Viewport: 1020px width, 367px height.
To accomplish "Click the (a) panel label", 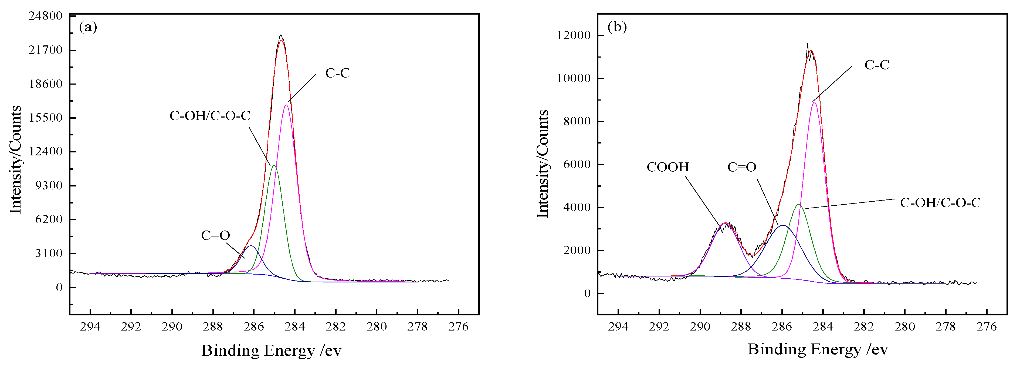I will click(x=88, y=27).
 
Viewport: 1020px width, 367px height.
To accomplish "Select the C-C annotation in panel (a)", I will click(x=337, y=73).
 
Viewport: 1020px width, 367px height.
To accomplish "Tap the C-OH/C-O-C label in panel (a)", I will click(x=210, y=116).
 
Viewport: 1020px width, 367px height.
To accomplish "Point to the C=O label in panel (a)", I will click(x=215, y=235).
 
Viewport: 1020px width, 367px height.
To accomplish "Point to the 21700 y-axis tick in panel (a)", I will click(x=46, y=50).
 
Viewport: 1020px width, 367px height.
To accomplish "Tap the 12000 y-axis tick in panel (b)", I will click(x=574, y=35).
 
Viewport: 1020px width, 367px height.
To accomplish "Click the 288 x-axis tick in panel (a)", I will click(x=213, y=326).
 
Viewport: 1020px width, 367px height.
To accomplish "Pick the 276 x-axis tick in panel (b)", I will click(x=986, y=326).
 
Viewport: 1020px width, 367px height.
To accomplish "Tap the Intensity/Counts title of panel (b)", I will click(x=543, y=164).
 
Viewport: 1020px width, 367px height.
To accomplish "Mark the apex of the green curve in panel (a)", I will click(x=274, y=166).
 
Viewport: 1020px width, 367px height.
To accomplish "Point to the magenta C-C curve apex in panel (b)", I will click(x=814, y=102).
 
